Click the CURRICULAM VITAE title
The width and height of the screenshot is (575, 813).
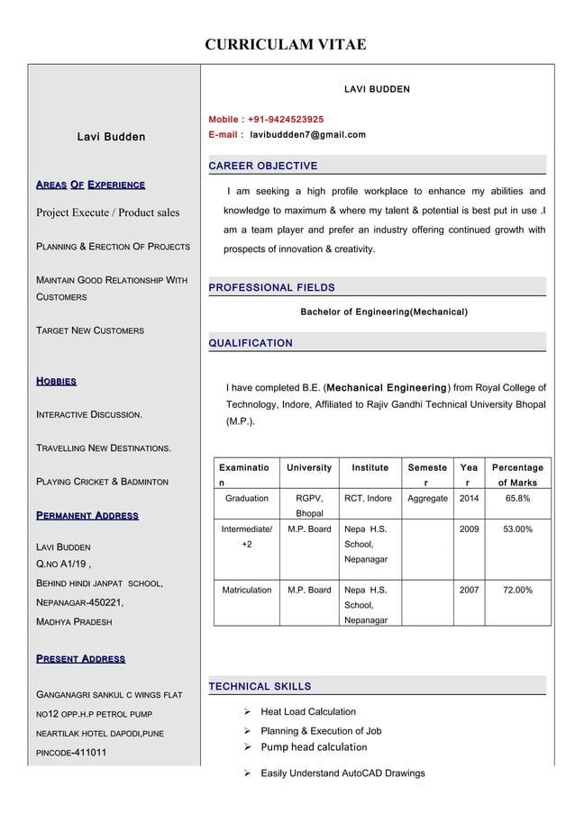[286, 44]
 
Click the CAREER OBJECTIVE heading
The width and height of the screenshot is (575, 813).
[263, 167]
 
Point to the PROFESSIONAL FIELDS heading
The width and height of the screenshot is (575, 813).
[271, 288]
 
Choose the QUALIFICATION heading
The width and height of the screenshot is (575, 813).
[251, 343]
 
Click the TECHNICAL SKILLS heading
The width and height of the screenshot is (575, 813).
[260, 687]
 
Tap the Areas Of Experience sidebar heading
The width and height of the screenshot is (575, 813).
[90, 185]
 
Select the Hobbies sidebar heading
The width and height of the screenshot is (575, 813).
[56, 382]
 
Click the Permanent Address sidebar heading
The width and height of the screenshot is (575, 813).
[87, 516]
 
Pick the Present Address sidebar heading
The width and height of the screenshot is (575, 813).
[80, 659]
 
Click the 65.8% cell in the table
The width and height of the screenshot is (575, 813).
[517, 498]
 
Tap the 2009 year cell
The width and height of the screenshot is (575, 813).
[469, 529]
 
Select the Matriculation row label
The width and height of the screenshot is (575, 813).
[246, 591]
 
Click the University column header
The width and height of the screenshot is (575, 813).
[309, 468]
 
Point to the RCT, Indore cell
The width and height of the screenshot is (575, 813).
[368, 498]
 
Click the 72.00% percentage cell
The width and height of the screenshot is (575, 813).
[517, 591]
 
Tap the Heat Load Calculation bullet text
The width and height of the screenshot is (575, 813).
[308, 712]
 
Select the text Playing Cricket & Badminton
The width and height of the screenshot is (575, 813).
[102, 482]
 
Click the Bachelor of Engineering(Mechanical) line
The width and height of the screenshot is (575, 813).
[383, 312]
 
